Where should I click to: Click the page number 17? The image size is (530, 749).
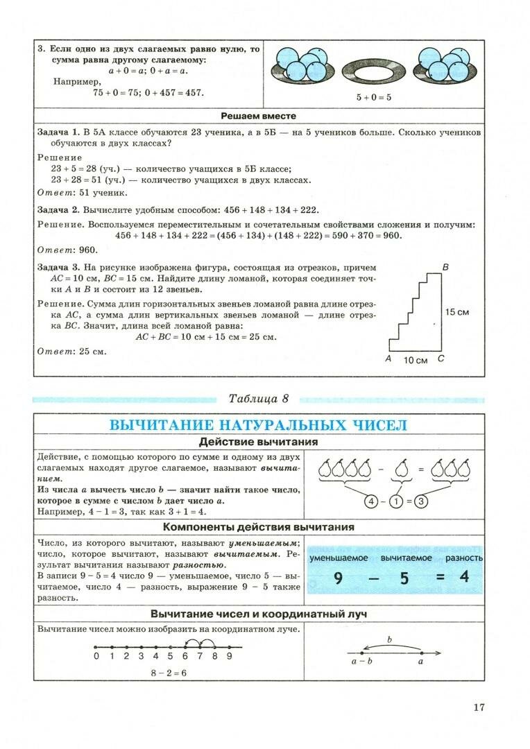(x=479, y=707)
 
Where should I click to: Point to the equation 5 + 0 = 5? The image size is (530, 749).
(x=374, y=98)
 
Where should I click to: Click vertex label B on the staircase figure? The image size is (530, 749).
(x=445, y=268)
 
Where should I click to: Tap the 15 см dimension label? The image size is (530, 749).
(x=457, y=312)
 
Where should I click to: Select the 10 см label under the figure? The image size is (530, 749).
(x=416, y=360)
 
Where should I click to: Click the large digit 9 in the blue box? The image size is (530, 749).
(x=339, y=577)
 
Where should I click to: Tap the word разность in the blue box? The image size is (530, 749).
(x=464, y=558)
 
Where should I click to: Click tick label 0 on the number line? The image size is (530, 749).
(x=96, y=656)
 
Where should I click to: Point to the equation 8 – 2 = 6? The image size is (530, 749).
(x=168, y=673)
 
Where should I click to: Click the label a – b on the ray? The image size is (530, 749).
(x=361, y=661)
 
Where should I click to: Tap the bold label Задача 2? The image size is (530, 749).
(x=58, y=209)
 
